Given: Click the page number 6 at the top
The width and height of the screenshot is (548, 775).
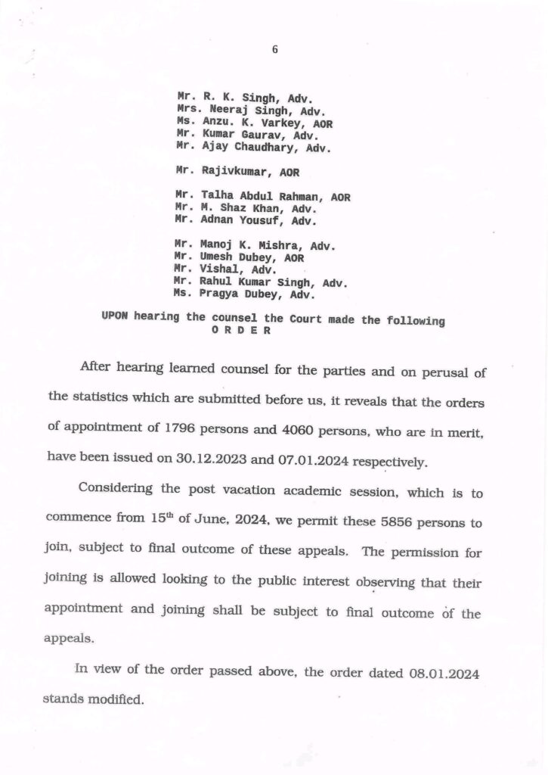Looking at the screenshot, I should click(x=274, y=49).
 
